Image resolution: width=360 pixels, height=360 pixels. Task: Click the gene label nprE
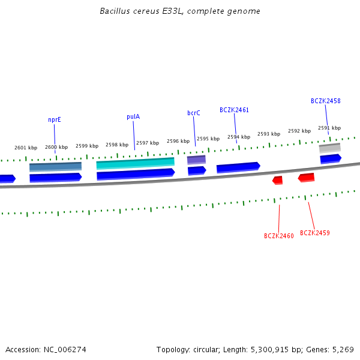point(55,119)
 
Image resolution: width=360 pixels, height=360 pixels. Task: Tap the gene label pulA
point(133,116)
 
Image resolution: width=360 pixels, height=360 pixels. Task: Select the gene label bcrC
point(194,113)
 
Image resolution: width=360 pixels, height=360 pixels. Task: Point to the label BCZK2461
point(234,110)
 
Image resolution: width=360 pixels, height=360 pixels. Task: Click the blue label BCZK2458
point(326,101)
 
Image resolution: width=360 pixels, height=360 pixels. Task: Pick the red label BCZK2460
point(279,236)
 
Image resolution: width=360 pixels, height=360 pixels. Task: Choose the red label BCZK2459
point(315,233)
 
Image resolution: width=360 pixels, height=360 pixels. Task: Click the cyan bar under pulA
point(136,163)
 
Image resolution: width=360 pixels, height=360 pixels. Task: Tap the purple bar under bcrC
point(196,160)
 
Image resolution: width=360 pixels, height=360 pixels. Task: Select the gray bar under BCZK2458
point(329,147)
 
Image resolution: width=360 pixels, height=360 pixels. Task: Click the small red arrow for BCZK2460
point(277,180)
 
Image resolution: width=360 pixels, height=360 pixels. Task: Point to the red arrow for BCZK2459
point(306,178)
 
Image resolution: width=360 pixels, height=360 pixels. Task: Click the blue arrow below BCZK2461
point(238,167)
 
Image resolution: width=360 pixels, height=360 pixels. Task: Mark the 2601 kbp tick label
point(26,148)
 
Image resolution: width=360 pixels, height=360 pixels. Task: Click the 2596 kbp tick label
point(178,141)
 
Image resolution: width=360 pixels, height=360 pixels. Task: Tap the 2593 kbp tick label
point(269,134)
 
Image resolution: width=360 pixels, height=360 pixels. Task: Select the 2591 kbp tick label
point(329,128)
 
